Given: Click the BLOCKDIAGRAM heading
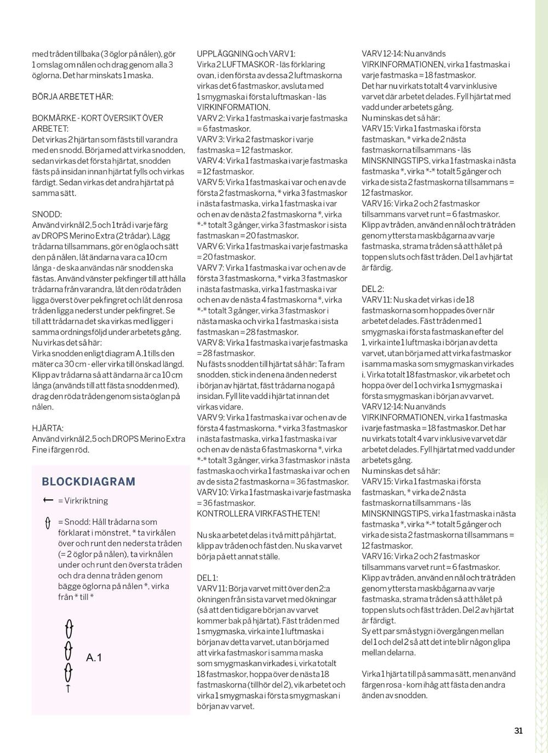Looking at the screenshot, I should point(88,482).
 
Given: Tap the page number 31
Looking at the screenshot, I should point(518,730).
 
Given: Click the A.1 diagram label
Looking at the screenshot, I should point(94,658).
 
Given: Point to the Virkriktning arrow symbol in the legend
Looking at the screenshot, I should point(48,500).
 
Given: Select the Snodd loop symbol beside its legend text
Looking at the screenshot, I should point(48,523).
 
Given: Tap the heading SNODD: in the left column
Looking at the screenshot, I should point(47,214).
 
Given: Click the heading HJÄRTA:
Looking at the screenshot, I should point(48,428).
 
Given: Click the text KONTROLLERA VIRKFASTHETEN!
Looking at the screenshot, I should point(258,514).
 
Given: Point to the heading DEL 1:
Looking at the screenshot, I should point(207,578).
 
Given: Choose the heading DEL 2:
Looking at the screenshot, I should point(373,289).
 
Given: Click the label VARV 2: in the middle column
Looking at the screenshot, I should point(210,118).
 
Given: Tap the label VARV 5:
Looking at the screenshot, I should point(210,182).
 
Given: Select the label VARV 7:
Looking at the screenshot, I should point(210,267).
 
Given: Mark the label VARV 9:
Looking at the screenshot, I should point(210,417).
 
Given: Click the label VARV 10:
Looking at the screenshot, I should point(212,492).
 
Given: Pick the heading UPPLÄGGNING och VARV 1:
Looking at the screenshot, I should point(246,54).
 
